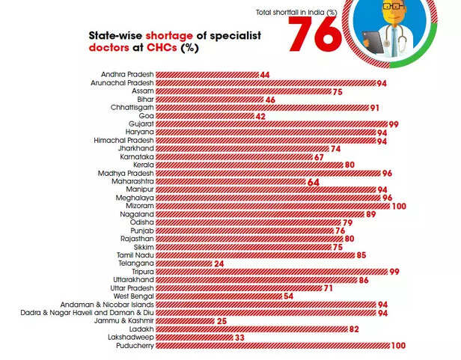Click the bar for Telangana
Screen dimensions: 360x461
[x=183, y=264]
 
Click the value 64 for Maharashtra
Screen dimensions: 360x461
[x=313, y=182]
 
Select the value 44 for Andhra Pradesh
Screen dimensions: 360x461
[x=264, y=75]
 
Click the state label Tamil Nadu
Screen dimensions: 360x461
[x=135, y=255]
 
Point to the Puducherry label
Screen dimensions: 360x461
[x=135, y=346]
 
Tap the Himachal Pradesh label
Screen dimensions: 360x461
[x=123, y=141]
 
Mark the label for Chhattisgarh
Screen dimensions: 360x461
[x=129, y=108]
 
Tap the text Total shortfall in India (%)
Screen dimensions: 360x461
[x=296, y=12]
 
